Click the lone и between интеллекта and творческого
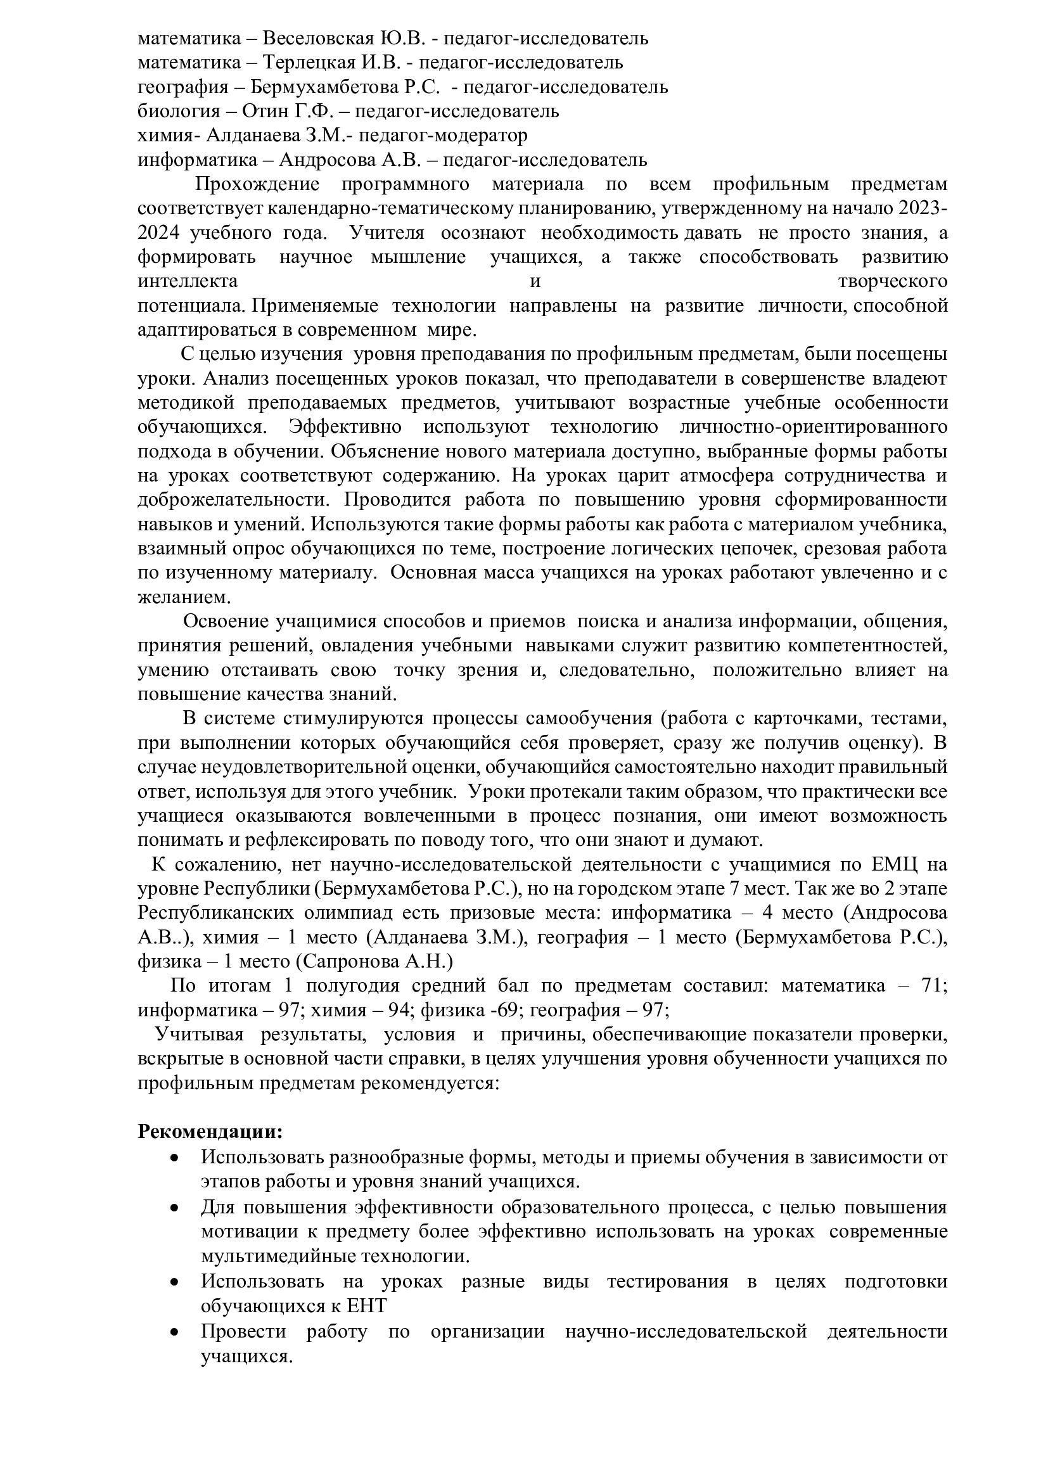534,281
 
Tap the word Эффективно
345,427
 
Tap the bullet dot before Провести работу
174,1329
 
